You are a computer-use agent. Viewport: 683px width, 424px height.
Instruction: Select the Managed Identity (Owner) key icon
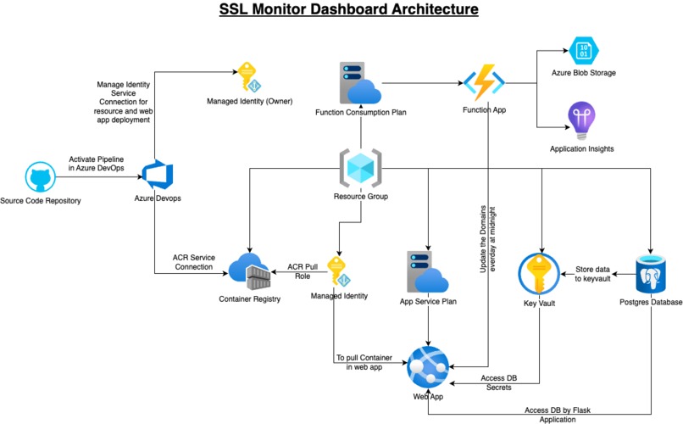(249, 77)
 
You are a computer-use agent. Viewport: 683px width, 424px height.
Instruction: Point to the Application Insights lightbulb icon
(582, 120)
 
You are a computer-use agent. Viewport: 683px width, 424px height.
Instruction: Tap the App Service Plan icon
(429, 271)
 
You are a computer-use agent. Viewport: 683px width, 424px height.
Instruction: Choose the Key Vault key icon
(539, 272)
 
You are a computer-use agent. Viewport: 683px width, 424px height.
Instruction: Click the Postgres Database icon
(652, 272)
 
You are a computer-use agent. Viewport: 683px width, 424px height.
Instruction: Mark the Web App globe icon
(428, 366)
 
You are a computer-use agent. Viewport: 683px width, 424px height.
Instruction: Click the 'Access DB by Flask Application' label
(556, 415)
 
